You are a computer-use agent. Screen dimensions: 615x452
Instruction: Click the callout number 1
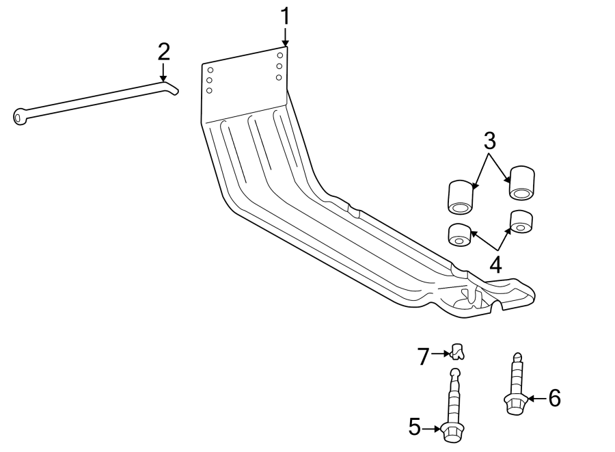tap(285, 16)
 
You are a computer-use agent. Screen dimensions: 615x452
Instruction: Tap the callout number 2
tap(164, 52)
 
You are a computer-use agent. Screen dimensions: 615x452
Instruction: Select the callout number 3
tap(489, 141)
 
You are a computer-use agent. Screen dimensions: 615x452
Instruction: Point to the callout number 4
tap(496, 265)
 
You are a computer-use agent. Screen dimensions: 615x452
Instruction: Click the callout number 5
tap(415, 427)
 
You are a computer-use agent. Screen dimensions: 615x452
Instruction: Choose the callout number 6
tap(555, 398)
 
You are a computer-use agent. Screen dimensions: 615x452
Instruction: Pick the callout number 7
tap(423, 357)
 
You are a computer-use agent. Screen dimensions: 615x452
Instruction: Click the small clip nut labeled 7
tap(457, 351)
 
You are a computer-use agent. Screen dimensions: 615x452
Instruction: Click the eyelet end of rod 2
tap(20, 116)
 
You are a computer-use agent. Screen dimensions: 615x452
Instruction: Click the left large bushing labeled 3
tap(461, 197)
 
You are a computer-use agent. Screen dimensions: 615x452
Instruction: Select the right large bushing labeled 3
tap(521, 183)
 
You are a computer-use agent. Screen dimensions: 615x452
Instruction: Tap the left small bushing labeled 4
tap(459, 235)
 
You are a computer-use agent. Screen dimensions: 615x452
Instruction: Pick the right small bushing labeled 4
tap(521, 222)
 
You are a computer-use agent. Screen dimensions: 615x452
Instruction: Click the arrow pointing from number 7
tap(441, 354)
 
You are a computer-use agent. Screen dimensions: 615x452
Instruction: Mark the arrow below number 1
tap(285, 37)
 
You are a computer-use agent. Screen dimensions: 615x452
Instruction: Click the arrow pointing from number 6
tap(537, 399)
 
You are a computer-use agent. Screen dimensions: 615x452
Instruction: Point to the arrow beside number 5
tap(431, 429)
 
